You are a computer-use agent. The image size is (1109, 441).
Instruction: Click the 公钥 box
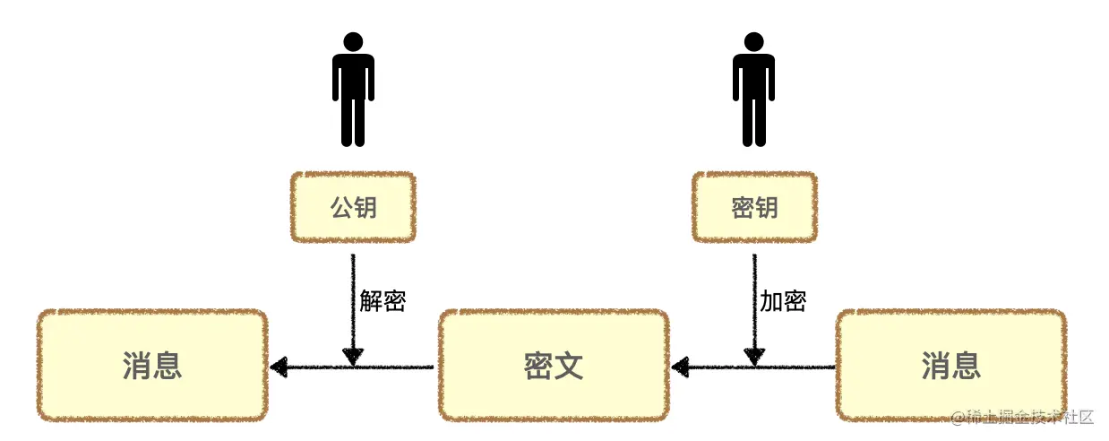click(x=353, y=208)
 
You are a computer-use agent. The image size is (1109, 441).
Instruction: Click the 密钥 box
click(x=754, y=208)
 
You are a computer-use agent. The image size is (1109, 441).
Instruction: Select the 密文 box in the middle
click(x=554, y=366)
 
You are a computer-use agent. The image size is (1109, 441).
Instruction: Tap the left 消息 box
click(x=152, y=366)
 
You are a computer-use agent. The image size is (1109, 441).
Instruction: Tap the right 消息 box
click(x=950, y=366)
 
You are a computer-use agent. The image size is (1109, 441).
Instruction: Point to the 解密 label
click(x=383, y=301)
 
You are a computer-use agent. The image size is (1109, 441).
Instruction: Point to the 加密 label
click(x=783, y=301)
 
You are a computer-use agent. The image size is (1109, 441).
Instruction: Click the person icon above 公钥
click(x=353, y=90)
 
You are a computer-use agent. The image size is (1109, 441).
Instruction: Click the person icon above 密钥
click(x=753, y=90)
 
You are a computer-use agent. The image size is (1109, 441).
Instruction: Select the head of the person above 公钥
click(x=353, y=41)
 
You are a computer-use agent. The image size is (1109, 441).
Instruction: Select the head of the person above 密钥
click(x=753, y=41)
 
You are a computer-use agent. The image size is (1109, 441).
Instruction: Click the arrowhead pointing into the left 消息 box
click(x=279, y=366)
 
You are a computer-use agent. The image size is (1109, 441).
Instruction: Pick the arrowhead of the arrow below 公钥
click(x=353, y=356)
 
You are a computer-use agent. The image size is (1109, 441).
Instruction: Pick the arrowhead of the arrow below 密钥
click(x=754, y=356)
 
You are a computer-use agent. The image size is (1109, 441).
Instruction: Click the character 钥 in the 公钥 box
click(x=365, y=208)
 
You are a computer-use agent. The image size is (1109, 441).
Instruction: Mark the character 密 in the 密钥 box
click(x=743, y=208)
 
